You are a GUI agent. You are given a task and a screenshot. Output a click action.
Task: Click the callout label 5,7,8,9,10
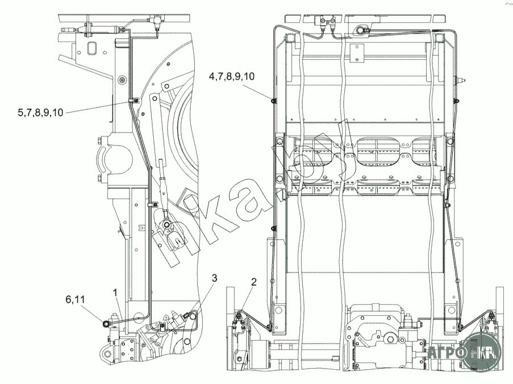(40, 113)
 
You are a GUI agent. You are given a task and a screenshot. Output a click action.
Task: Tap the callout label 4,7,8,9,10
(232, 77)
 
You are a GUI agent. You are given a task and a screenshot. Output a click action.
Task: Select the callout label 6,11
(75, 299)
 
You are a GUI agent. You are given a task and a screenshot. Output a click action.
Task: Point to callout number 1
(115, 292)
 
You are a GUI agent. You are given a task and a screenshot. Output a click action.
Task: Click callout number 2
(254, 282)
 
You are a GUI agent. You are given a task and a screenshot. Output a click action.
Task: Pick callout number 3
(214, 278)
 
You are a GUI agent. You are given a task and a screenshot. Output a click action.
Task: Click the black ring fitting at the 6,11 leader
(106, 324)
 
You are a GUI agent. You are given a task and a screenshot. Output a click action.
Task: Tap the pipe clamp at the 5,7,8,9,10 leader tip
(133, 100)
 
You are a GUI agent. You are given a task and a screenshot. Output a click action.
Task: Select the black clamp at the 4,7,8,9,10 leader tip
(273, 100)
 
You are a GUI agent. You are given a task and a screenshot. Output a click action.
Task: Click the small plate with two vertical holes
(357, 53)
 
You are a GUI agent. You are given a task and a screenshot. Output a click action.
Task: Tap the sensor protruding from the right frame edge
(460, 80)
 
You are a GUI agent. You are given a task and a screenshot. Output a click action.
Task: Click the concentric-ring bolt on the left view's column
(122, 80)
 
